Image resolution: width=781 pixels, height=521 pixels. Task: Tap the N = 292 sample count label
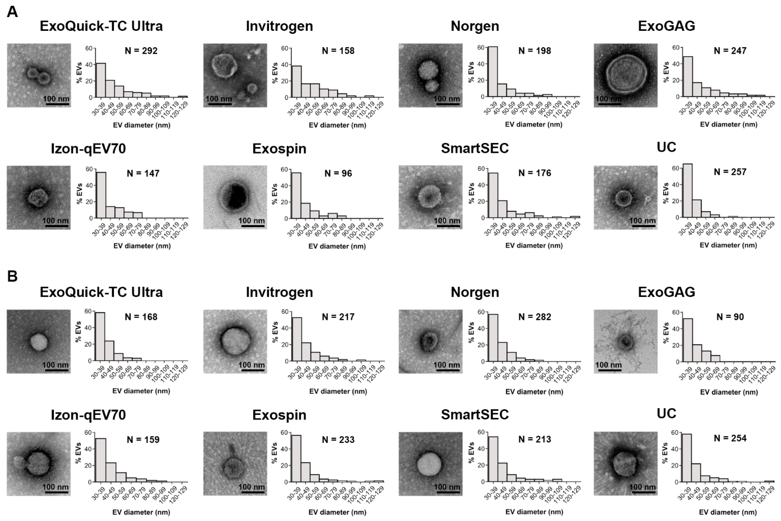141,51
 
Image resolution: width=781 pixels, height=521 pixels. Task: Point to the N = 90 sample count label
730,317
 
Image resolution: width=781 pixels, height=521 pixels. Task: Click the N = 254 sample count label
730,438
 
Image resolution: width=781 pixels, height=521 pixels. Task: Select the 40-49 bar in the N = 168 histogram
109,350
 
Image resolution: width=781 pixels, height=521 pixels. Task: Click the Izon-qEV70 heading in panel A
88,149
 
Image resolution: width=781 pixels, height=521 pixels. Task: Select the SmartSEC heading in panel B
475,414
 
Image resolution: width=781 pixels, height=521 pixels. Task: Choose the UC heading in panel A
666,147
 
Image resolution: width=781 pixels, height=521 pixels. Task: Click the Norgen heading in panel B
475,292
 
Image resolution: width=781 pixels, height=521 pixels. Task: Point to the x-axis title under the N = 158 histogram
337,125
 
